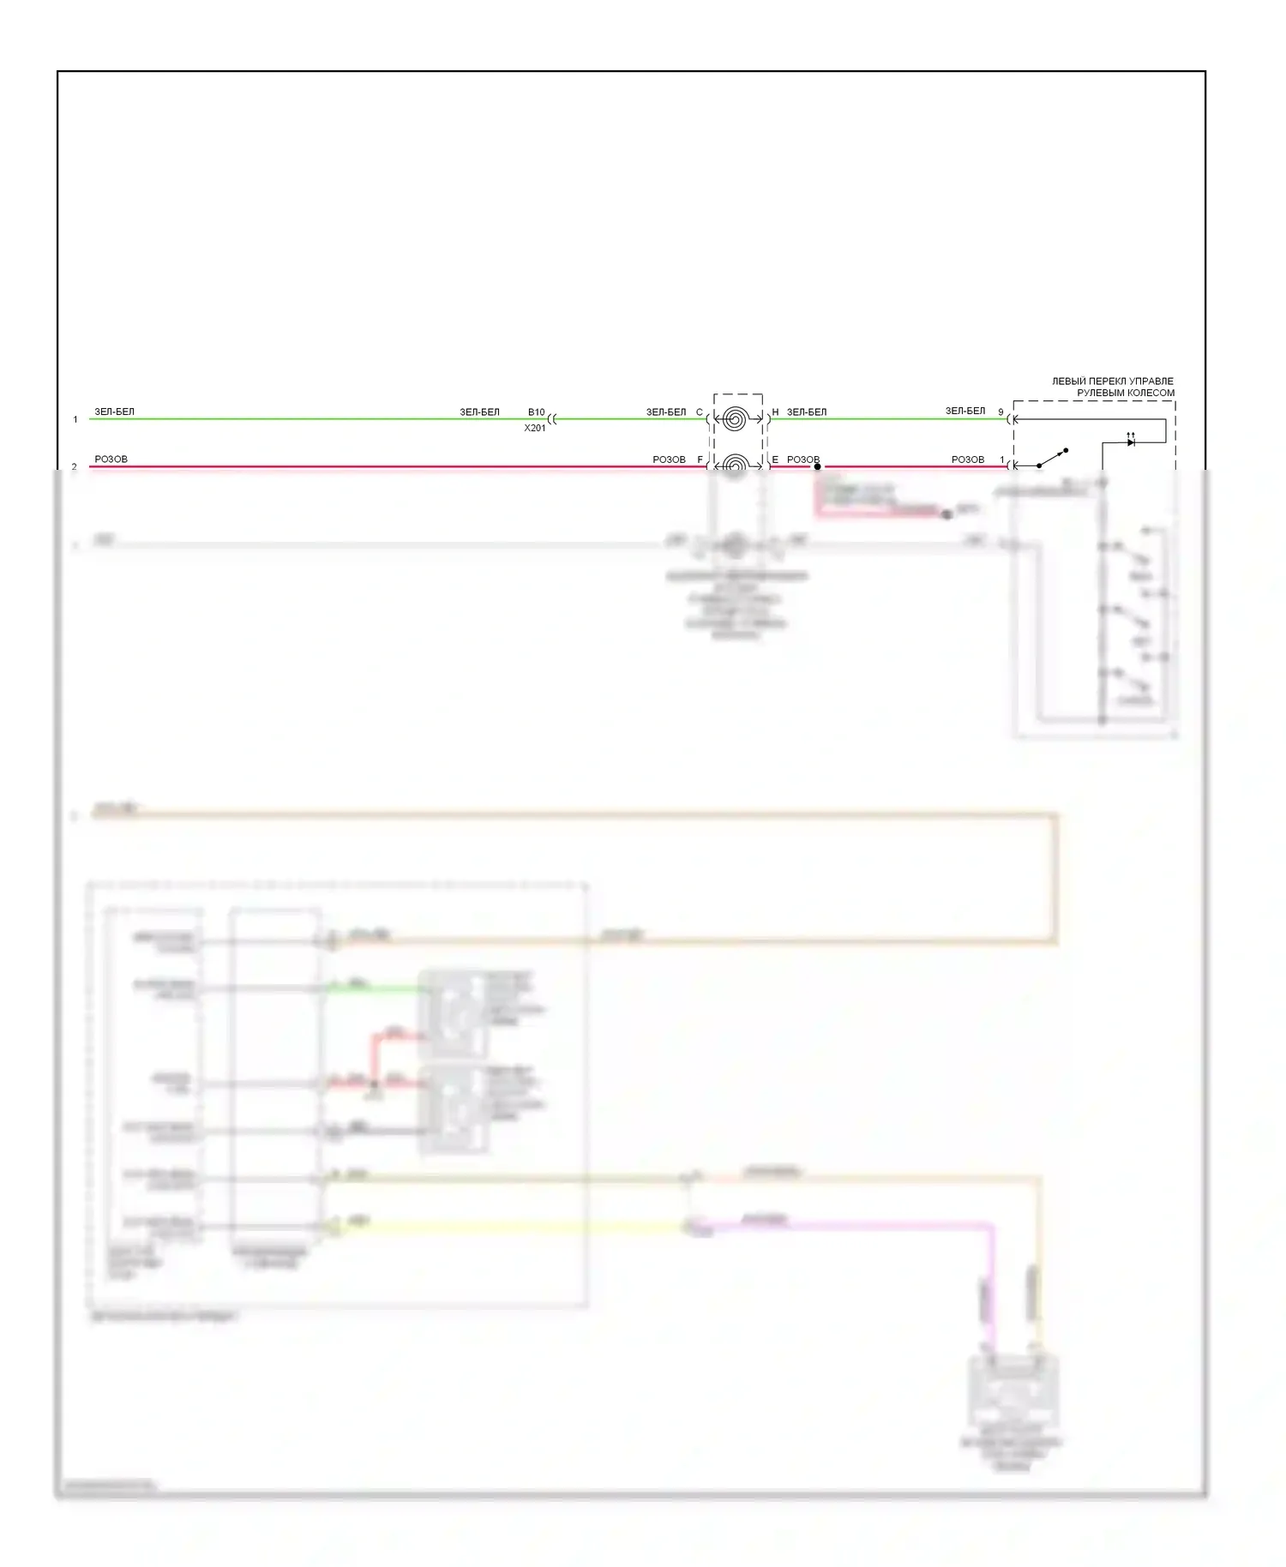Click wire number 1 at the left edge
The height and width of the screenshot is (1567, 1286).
pos(75,419)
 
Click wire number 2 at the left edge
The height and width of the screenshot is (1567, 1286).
pos(75,466)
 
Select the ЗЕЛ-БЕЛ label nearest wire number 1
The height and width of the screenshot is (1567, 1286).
pos(114,411)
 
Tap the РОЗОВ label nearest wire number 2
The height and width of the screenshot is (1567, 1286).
pos(111,459)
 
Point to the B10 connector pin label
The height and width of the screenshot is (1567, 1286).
pos(536,412)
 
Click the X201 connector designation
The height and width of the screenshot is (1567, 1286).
pos(535,428)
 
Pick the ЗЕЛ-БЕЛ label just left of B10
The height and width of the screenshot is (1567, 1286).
pos(479,412)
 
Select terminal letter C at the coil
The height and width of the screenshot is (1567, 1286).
pos(699,412)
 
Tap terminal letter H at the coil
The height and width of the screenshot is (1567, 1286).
pos(775,412)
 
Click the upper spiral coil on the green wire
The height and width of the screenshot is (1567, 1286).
pos(735,419)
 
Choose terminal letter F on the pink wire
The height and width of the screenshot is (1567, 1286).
pos(700,459)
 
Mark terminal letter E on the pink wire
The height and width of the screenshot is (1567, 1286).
pos(775,459)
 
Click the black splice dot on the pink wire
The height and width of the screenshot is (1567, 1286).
pos(817,466)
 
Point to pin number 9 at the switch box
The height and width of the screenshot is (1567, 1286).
pos(1001,412)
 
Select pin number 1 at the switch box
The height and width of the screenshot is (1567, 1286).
pos(1001,459)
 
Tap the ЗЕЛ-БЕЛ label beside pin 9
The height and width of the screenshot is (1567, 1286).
pos(965,411)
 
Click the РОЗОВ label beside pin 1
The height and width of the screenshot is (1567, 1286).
pos(968,459)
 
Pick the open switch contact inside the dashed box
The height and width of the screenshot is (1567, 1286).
pos(1054,457)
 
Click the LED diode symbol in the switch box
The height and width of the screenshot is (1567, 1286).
pos(1131,441)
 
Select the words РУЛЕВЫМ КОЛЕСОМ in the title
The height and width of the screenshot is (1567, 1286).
pos(1126,393)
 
